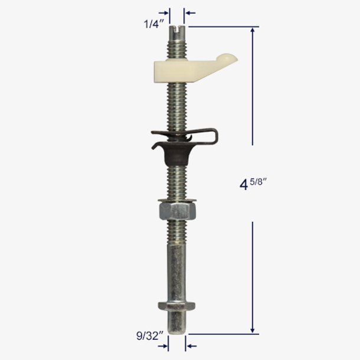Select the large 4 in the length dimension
click(244, 185)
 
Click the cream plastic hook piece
click(195, 68)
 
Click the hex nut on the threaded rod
click(178, 211)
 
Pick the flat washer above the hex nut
click(177, 201)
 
